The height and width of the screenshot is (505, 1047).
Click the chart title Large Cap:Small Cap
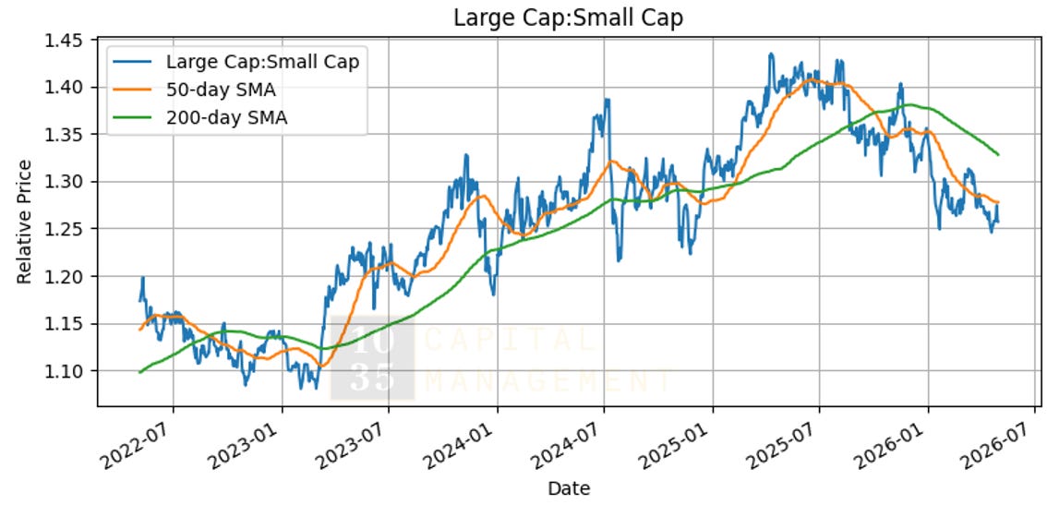(568, 18)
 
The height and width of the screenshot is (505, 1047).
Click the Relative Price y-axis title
(24, 222)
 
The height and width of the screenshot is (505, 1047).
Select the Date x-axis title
(569, 489)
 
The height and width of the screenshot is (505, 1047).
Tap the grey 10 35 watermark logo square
(373, 358)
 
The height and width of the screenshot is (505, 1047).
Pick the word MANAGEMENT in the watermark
(548, 381)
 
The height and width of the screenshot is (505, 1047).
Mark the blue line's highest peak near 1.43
(771, 54)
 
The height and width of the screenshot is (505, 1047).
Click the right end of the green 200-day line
(998, 155)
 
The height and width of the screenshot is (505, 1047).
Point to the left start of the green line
(139, 372)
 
